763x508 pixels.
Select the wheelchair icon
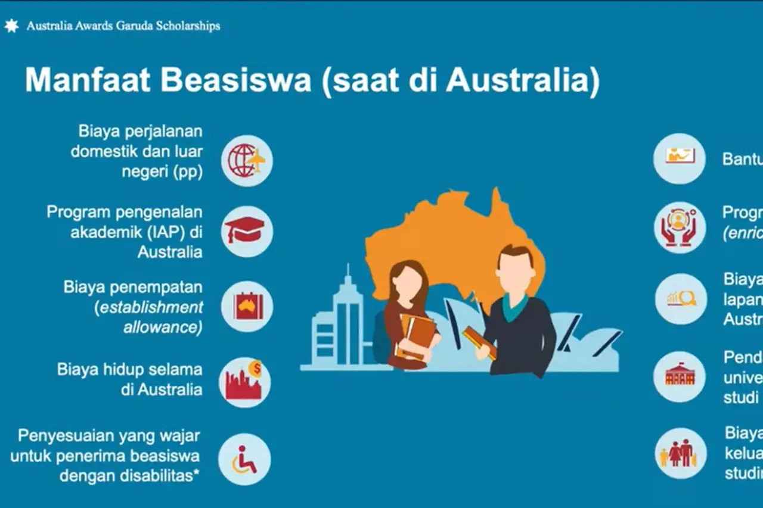tap(244, 459)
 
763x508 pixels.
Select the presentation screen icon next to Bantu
tap(680, 158)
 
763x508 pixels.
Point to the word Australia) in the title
tap(522, 80)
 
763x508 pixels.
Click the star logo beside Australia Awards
tap(11, 26)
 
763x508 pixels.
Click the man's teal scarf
tap(513, 307)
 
